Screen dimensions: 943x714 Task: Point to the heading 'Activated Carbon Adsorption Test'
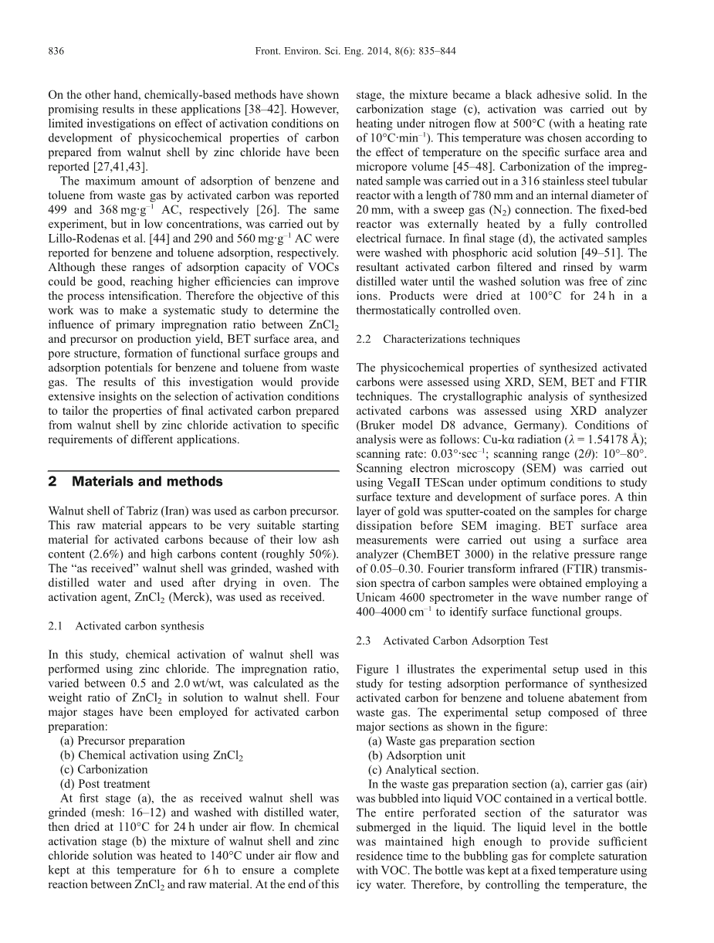[x=465, y=641]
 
